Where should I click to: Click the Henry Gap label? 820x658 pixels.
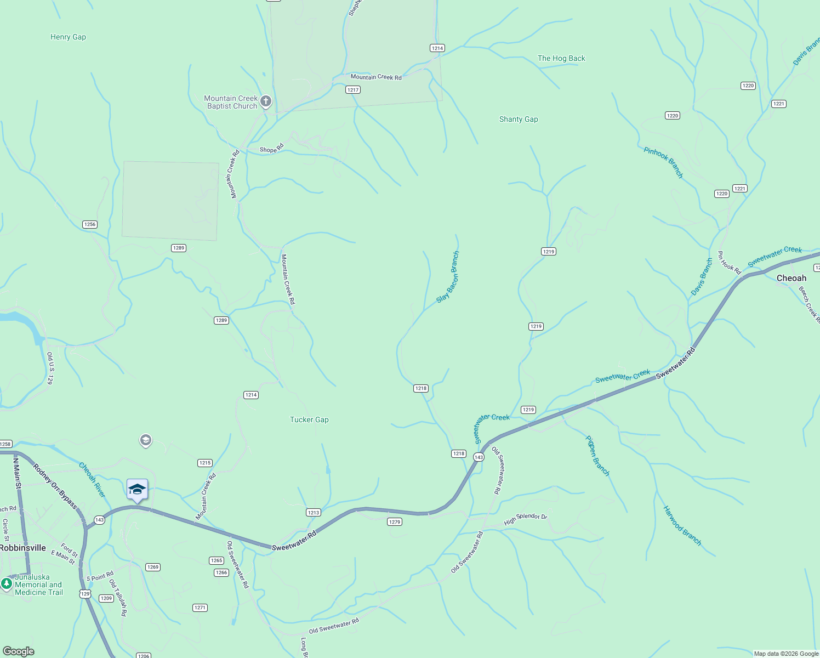[68, 37]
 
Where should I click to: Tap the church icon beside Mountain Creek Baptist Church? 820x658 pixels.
[266, 101]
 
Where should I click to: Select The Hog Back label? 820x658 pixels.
[561, 59]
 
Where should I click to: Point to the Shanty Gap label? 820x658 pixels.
[519, 120]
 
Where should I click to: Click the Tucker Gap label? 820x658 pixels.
[309, 420]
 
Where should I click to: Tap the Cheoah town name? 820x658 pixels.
[791, 279]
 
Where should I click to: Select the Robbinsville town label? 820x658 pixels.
[23, 548]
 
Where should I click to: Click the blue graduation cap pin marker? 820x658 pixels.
[137, 490]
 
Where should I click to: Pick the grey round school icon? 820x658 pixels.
[145, 441]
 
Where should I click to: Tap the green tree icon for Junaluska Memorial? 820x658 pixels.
[7, 584]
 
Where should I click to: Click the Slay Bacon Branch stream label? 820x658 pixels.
[448, 277]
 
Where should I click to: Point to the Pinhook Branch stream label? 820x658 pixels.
[663, 162]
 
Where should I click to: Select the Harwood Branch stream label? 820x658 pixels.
[682, 526]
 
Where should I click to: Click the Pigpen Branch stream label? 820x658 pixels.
[597, 456]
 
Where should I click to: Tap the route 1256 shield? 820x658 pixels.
[90, 224]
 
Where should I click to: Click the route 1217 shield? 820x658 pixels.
[352, 90]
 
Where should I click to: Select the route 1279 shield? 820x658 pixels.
[395, 522]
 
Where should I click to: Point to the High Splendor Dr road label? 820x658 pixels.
[525, 519]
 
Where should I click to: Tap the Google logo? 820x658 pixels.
[19, 651]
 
